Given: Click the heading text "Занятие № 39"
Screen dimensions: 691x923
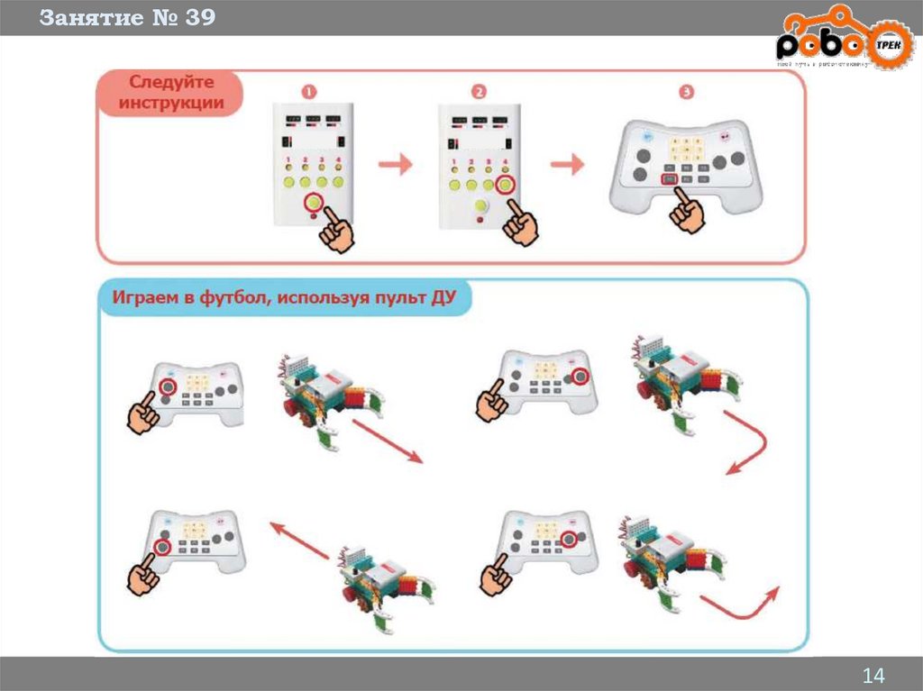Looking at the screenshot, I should (x=127, y=18).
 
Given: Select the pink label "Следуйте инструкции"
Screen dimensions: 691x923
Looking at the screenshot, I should (x=170, y=94).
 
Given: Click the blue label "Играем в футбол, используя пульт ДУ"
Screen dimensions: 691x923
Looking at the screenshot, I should (x=285, y=298).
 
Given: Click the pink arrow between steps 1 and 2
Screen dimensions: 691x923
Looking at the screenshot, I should (x=394, y=164).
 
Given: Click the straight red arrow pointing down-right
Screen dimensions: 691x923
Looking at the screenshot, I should (x=383, y=441).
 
